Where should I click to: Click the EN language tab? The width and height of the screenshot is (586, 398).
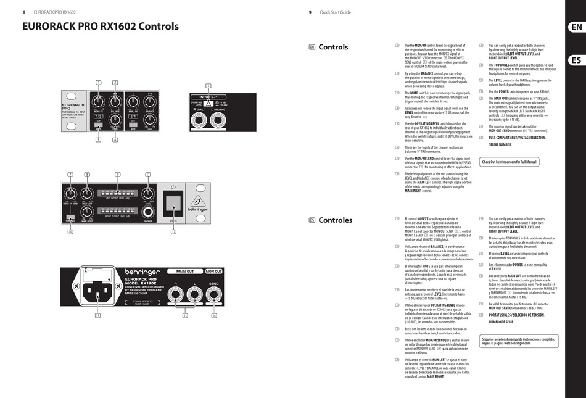[576, 27]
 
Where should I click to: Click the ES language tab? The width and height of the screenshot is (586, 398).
[576, 60]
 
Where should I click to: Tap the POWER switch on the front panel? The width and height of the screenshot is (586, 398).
[174, 201]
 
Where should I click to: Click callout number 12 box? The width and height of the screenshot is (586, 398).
[174, 232]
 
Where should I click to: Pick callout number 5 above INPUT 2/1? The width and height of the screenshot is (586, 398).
[208, 86]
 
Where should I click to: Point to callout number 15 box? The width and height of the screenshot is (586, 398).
[97, 315]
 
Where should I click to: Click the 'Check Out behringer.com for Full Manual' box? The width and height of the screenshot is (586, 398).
[510, 162]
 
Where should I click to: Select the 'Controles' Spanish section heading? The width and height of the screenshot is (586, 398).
[336, 220]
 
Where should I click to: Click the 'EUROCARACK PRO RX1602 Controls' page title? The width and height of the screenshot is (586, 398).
[101, 27]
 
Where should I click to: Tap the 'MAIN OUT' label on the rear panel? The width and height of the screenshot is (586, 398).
[185, 272]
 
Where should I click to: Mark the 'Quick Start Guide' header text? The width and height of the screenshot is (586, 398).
[335, 12]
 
